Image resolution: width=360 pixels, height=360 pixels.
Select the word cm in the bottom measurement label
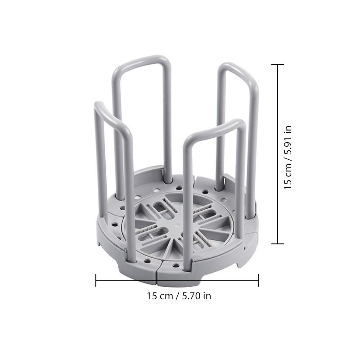pos(165,296)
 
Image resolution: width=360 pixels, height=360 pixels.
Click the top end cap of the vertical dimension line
pos(278,65)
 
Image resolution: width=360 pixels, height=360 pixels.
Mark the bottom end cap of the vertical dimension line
pos(278,243)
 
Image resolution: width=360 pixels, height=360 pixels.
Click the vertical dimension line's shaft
pos(278,153)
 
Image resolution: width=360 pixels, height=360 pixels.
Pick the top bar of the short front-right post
pos(216,128)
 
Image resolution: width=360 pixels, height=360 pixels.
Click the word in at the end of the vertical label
pos(288,129)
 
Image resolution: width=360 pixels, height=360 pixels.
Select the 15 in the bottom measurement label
pos(152,296)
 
